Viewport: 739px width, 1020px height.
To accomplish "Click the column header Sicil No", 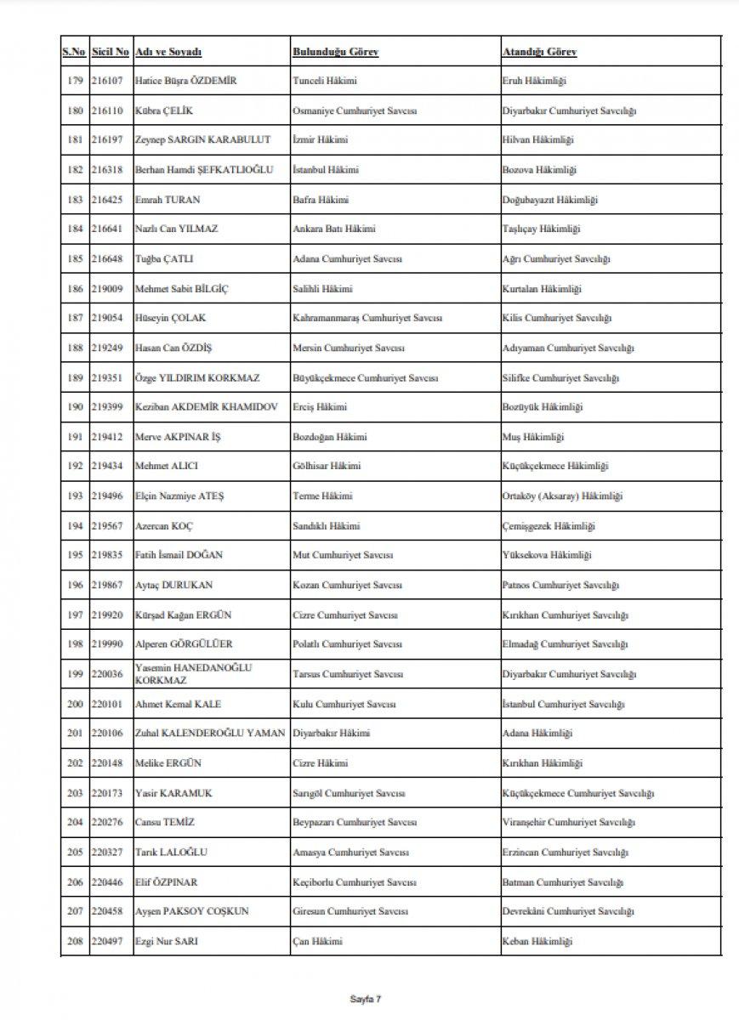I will click(111, 52).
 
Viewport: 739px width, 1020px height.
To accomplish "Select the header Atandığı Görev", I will click(539, 52).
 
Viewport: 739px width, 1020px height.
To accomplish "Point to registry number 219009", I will click(110, 289).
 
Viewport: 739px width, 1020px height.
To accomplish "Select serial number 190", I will click(75, 408).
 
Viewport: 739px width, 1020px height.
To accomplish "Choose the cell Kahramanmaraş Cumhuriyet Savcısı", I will click(367, 319).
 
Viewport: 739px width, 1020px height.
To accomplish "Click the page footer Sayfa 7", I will click(369, 1000).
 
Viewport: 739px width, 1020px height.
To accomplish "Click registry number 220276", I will click(110, 823).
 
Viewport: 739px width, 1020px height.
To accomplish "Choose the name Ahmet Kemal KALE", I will click(173, 705).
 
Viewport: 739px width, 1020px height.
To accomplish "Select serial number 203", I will click(75, 793).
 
